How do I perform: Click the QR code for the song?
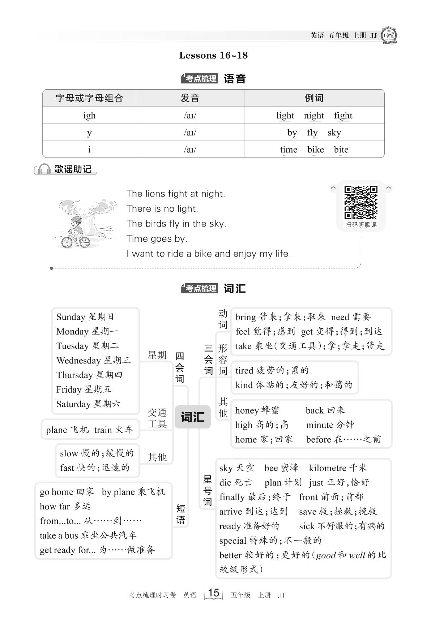point(360,202)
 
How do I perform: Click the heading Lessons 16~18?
point(213,55)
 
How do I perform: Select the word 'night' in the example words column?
point(314,115)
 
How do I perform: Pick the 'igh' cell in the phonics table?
point(89,115)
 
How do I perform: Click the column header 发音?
point(190,98)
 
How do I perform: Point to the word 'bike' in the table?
point(315,150)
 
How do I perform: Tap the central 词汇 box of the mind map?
point(192,417)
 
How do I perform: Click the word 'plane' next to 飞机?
point(56,430)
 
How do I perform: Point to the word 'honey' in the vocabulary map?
point(247,410)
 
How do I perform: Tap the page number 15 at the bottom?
point(214,593)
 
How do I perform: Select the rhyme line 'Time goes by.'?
point(157,238)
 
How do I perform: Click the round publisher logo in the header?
point(389,35)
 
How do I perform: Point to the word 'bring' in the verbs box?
point(245,317)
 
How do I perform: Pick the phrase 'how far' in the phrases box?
point(55,507)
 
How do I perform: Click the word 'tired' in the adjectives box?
point(244,371)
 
